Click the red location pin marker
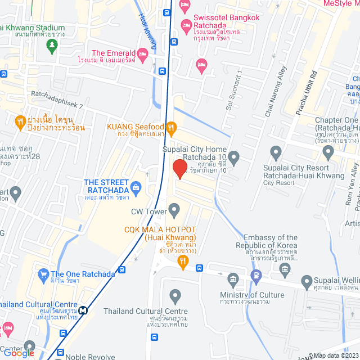pyautogui.click(x=179, y=168)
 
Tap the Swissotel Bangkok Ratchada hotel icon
pyautogui.click(x=186, y=25)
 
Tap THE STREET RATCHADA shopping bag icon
pyautogui.click(x=135, y=186)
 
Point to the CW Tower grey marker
pyautogui.click(x=174, y=211)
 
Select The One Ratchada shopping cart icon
pyautogui.click(x=43, y=274)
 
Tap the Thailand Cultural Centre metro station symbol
pyautogui.click(x=83, y=309)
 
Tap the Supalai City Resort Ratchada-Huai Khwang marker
pyautogui.click(x=276, y=151)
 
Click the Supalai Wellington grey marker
pyautogui.click(x=307, y=281)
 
